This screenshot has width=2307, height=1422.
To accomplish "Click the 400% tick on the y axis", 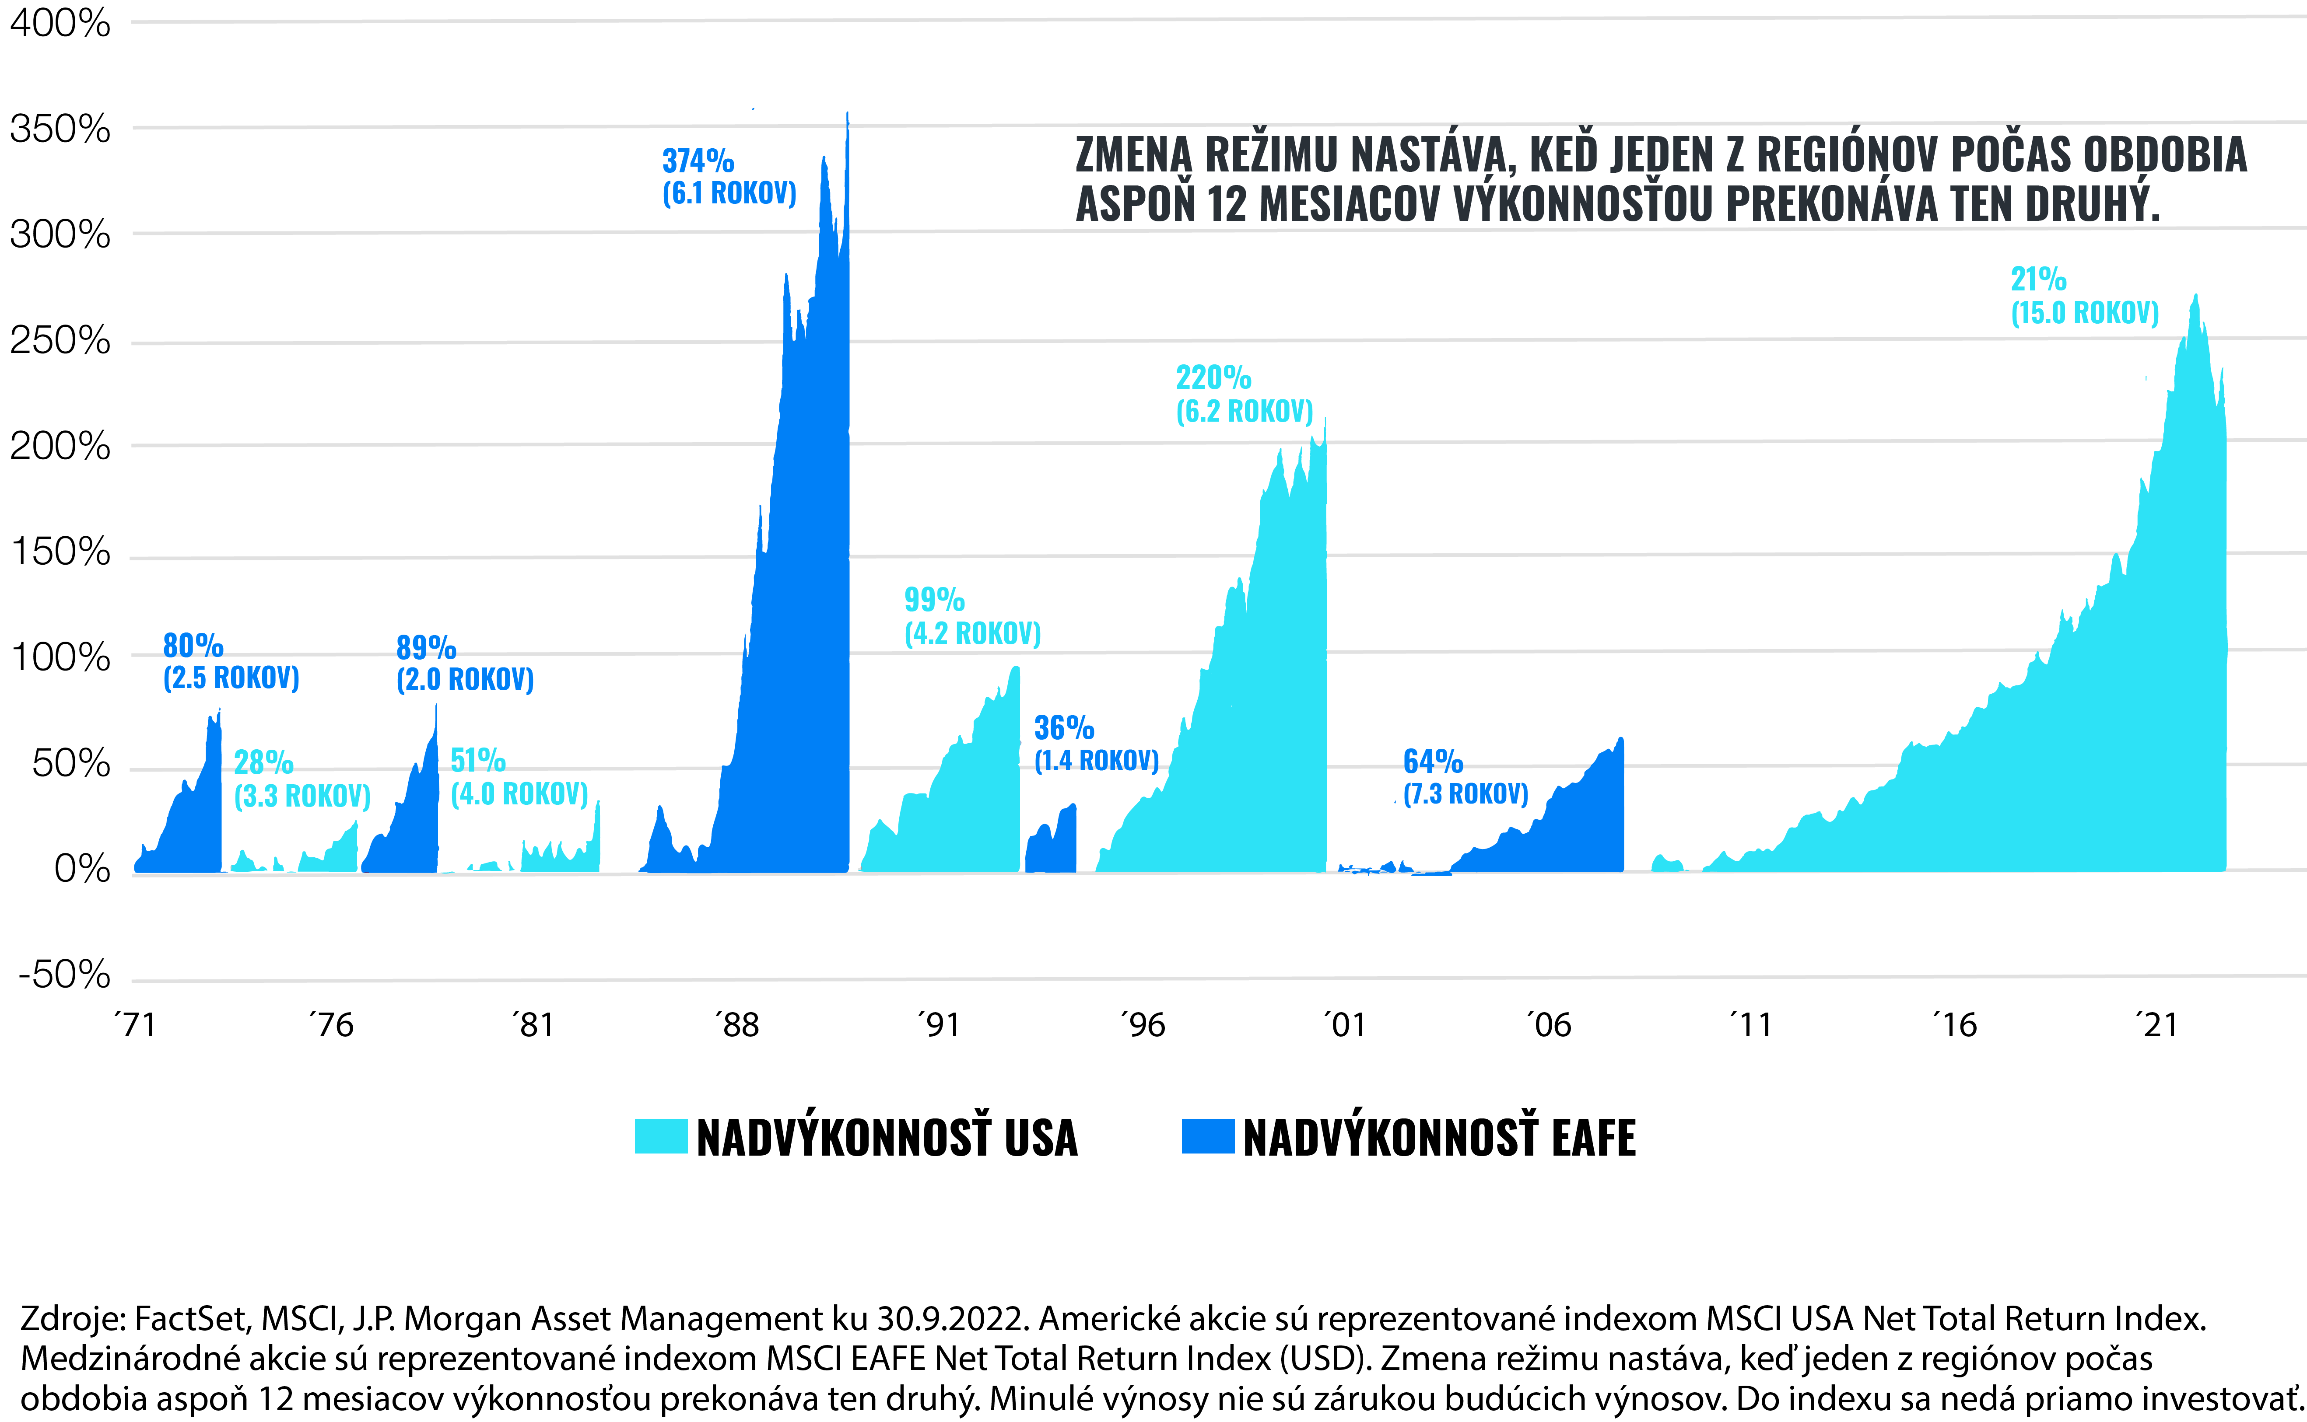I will coord(59,23).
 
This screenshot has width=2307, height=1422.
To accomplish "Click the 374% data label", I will coord(697,161).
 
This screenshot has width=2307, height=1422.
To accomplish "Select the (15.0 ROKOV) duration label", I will coord(2084,313).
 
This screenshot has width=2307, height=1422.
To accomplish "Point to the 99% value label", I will coord(933,599).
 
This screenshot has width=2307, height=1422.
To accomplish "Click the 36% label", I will coord(1063,727).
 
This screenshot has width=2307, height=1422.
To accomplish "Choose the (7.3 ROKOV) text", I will coord(1465,794).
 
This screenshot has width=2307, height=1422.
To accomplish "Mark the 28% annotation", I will coord(263,762).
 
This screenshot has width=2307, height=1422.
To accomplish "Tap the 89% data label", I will coord(425,647).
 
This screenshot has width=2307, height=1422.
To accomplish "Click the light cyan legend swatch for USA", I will coord(660,1136).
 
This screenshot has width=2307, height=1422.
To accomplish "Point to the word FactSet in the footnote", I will coord(193,1318).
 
